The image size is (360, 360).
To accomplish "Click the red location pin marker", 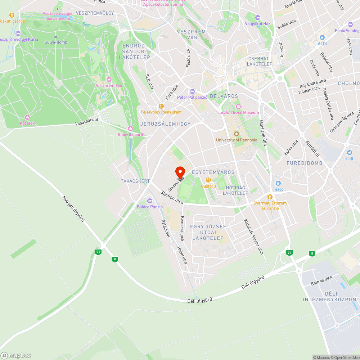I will click(180, 172).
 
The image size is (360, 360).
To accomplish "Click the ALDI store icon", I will click(322, 37).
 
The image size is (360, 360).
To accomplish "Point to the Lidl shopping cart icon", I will click(348, 153).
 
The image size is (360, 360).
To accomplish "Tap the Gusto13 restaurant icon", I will click(208, 180).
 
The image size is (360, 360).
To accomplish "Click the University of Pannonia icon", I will click(237, 134).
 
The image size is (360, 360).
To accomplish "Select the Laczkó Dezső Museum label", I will click(238, 113).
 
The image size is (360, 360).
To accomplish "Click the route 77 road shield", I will click(98, 252).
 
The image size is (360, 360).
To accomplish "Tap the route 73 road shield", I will click(289, 253).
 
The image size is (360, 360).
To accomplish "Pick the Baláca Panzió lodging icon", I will click(150, 201).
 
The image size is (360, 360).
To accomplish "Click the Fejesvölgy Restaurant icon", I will click(161, 106).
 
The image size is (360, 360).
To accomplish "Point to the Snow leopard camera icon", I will click(130, 129).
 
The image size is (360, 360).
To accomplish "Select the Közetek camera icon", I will click(27, 117).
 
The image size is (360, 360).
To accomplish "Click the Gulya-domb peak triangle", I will click(56, 36).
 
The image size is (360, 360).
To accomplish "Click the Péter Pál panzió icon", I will click(192, 91).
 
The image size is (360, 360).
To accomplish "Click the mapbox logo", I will click(16, 355).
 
